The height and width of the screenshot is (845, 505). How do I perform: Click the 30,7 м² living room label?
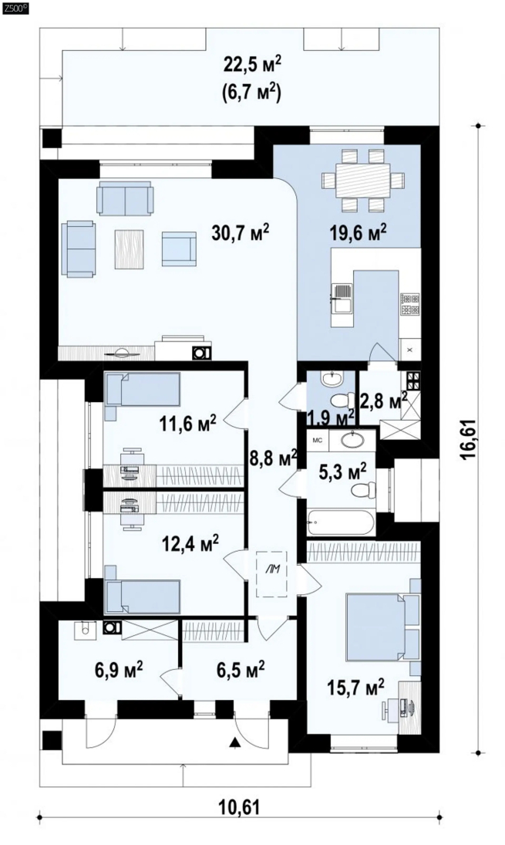click(241, 233)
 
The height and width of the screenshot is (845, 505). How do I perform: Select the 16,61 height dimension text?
click(468, 440)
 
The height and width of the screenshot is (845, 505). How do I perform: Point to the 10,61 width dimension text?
click(240, 806)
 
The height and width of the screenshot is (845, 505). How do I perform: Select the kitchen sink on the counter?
click(342, 299)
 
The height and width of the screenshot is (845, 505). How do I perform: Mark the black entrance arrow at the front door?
click(234, 743)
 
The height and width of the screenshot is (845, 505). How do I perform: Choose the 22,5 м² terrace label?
click(252, 66)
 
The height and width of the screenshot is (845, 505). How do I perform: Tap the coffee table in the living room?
click(129, 249)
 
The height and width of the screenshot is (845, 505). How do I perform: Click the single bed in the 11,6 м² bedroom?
click(142, 390)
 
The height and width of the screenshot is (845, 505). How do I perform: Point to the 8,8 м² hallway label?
click(273, 458)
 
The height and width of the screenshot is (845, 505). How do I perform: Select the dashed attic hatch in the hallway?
click(272, 574)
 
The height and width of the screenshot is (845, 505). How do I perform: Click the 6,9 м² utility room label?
click(116, 670)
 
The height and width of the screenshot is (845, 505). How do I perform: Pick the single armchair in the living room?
click(179, 248)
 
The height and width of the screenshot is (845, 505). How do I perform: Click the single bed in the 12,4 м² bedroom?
click(142, 596)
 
